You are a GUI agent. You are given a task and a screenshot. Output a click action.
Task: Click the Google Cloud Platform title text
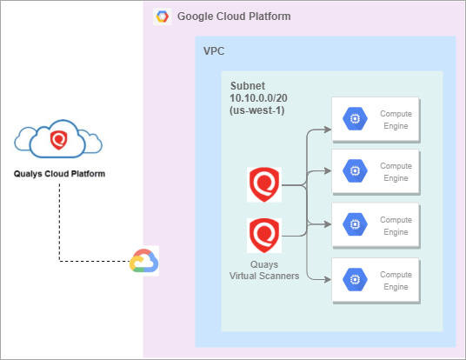(233, 17)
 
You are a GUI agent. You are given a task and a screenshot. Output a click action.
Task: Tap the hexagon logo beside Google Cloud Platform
(162, 17)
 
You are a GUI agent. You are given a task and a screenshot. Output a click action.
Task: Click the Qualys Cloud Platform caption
(59, 172)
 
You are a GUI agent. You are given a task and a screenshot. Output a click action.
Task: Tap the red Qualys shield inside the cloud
(59, 138)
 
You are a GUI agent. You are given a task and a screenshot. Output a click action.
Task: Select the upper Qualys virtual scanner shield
(263, 184)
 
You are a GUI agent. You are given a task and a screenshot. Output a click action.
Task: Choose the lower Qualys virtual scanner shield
(263, 234)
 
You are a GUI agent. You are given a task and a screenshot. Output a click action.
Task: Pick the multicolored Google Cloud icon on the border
(143, 261)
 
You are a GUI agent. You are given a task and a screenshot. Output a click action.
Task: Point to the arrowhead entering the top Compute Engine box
(327, 131)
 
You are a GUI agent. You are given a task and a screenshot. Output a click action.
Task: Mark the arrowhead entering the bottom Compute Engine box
(327, 279)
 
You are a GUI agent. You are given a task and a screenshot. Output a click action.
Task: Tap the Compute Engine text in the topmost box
(396, 120)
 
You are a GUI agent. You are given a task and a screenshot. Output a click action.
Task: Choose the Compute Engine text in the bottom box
(396, 280)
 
